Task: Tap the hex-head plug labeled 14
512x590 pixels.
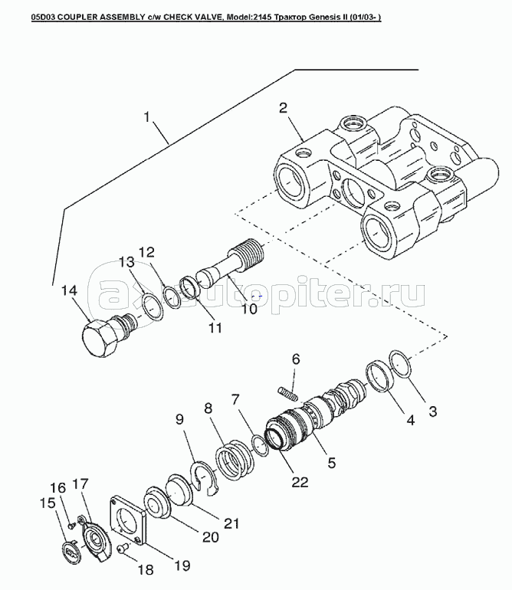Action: [100, 337]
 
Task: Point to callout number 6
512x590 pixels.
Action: [295, 359]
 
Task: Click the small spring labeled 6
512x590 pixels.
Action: [286, 392]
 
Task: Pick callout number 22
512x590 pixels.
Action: [300, 482]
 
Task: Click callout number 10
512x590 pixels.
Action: [249, 309]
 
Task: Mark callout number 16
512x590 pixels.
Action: [58, 487]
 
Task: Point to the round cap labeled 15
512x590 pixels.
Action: [70, 550]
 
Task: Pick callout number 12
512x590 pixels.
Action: [146, 252]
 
